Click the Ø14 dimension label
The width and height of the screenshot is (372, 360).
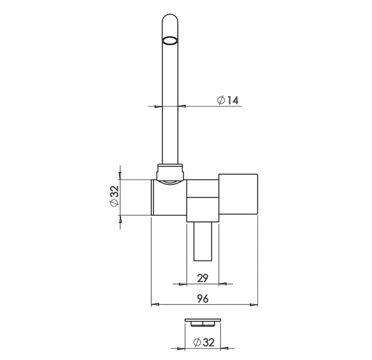click(x=228, y=100)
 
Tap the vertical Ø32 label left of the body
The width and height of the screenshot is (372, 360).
click(x=114, y=196)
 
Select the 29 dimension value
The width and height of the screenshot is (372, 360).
click(x=202, y=278)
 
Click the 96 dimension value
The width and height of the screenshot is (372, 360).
click(x=203, y=299)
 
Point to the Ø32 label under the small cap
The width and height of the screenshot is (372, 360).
click(x=204, y=342)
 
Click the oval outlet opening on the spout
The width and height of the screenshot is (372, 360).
click(x=170, y=40)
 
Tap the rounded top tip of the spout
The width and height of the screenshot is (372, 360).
click(x=170, y=15)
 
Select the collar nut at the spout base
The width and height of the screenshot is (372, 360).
click(x=170, y=172)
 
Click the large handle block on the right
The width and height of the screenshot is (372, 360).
click(x=238, y=194)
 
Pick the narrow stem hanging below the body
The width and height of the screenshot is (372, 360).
click(x=203, y=241)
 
